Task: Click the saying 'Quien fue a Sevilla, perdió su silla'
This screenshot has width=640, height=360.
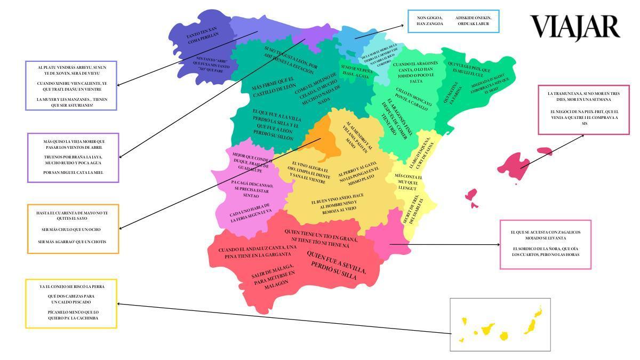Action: pyautogui.click(x=337, y=266)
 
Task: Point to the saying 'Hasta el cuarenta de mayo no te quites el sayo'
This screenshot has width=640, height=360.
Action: pyautogui.click(x=72, y=215)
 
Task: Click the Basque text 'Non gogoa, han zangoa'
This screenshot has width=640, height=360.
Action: pyautogui.click(x=430, y=21)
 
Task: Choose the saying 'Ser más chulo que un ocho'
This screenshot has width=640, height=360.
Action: pyautogui.click(x=72, y=229)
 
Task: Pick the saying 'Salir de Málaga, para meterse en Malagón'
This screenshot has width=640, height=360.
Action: pyautogui.click(x=273, y=278)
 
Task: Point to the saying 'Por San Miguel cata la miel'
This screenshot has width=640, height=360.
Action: pyautogui.click(x=73, y=173)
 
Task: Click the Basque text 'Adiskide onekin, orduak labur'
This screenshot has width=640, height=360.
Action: pyautogui.click(x=473, y=21)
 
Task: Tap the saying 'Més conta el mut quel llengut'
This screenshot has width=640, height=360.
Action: pyautogui.click(x=408, y=182)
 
